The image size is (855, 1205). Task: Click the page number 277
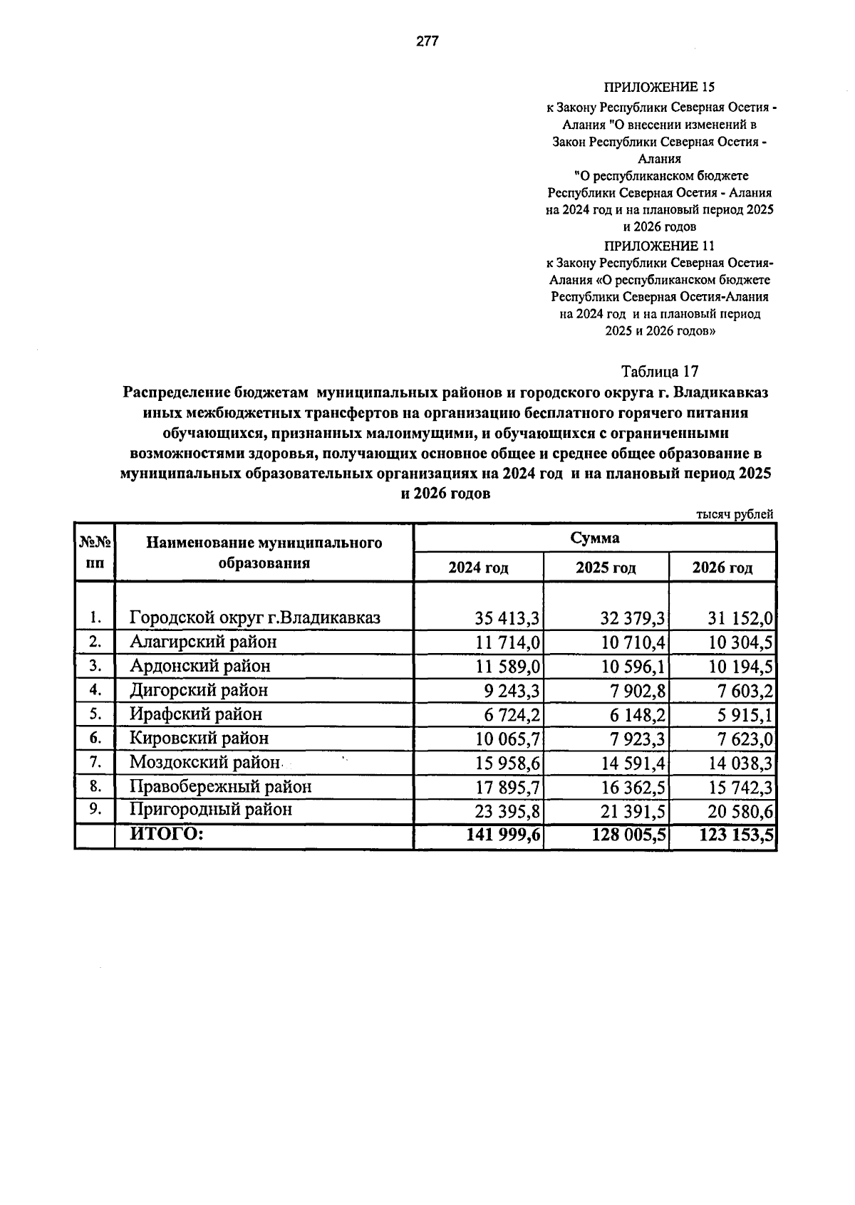click(x=427, y=41)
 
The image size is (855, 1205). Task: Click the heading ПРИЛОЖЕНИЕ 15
click(x=659, y=88)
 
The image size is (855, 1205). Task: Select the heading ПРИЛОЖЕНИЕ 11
click(x=659, y=246)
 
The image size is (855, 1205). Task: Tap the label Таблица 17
click(x=660, y=372)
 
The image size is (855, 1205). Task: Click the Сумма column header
click(x=595, y=538)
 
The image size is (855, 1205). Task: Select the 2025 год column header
click(x=606, y=568)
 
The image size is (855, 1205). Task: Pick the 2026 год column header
click(x=722, y=568)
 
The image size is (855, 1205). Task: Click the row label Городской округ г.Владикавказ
click(x=255, y=617)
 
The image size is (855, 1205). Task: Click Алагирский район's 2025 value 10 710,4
click(x=633, y=642)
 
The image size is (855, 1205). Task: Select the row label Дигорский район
click(x=199, y=690)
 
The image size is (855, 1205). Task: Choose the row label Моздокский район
click(x=205, y=763)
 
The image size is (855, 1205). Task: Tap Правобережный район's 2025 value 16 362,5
click(x=633, y=787)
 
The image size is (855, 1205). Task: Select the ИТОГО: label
click(x=167, y=834)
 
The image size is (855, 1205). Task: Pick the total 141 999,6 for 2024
click(x=503, y=835)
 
